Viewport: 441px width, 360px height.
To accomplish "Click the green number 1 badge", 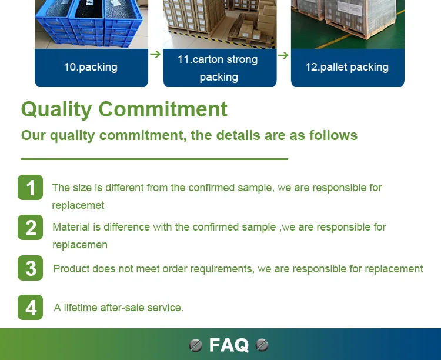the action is [31, 188].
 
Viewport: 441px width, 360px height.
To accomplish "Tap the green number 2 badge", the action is [31, 228].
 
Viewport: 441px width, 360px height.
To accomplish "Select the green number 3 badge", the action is [31, 268].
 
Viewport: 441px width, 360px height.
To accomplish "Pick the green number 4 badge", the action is [31, 308].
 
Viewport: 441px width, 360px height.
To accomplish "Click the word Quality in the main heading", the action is [56, 110].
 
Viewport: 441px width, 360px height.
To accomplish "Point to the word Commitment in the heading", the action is [163, 109].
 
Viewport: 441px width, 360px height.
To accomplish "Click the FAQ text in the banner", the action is [229, 345].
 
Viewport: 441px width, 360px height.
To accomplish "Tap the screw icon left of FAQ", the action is [196, 345].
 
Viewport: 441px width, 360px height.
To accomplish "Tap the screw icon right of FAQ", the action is [262, 345].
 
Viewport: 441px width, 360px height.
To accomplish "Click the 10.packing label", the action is [91, 67].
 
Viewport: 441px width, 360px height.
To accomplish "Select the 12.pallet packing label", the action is [347, 67].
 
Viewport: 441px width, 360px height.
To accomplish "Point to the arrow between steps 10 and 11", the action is [155, 54].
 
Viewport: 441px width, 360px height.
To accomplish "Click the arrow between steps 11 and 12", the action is [283, 55].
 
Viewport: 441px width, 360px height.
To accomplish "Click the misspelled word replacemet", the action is [78, 205].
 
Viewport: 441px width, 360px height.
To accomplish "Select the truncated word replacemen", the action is [80, 245].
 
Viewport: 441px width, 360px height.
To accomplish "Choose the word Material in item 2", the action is [71, 227].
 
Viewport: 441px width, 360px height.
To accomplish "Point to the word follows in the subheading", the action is [333, 135].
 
